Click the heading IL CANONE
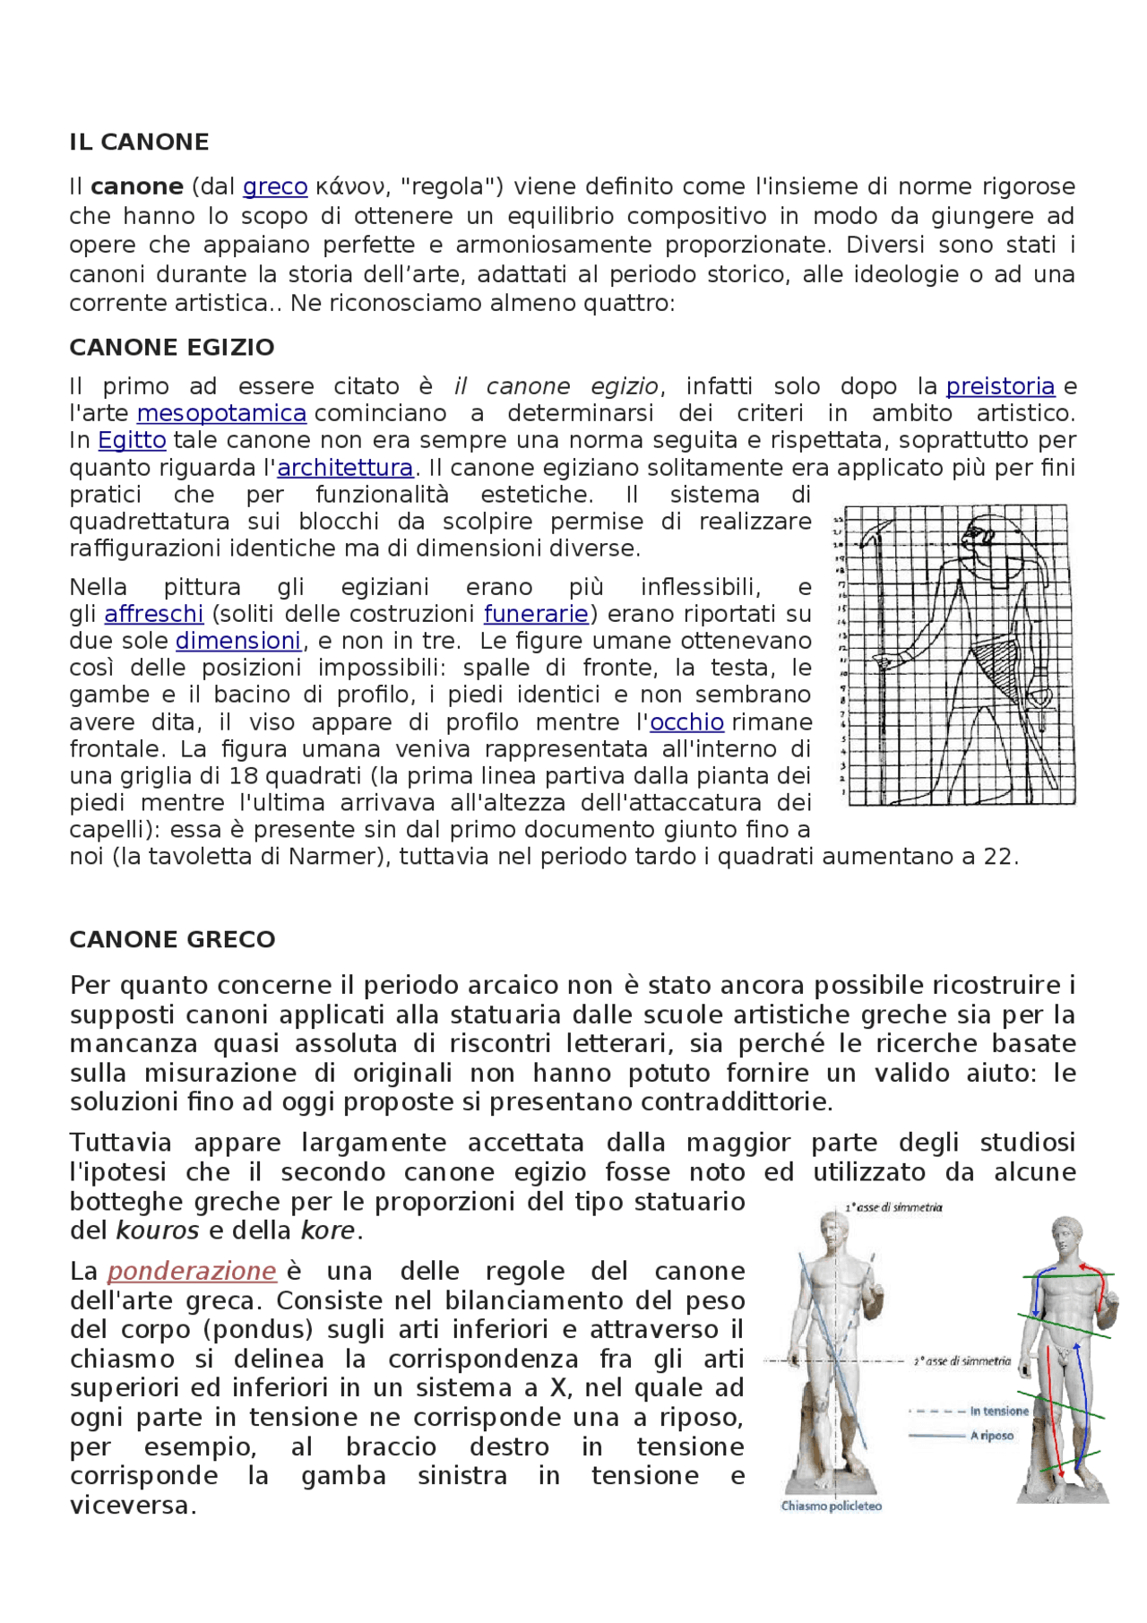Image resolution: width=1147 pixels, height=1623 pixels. pyautogui.click(x=139, y=142)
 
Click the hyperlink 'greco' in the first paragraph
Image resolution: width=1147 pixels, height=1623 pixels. pyautogui.click(x=275, y=187)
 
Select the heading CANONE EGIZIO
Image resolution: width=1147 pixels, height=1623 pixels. pyautogui.click(x=172, y=348)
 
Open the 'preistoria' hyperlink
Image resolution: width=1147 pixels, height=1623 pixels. pyautogui.click(x=1000, y=386)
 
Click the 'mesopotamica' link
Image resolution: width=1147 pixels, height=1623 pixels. pyautogui.click(x=221, y=413)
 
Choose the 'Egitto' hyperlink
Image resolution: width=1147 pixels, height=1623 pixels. pyautogui.click(x=132, y=440)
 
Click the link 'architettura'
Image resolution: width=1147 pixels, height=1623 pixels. pyautogui.click(x=345, y=468)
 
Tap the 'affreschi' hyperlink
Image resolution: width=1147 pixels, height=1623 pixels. pyautogui.click(x=154, y=614)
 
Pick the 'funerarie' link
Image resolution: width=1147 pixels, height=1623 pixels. pyautogui.click(x=536, y=614)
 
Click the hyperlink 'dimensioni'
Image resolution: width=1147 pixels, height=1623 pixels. pyautogui.click(x=238, y=641)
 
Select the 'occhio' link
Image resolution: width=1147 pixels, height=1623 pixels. pyautogui.click(x=686, y=722)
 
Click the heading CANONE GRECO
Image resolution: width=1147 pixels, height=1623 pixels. pyautogui.click(x=172, y=939)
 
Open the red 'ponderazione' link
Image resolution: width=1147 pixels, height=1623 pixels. pyautogui.click(x=192, y=1272)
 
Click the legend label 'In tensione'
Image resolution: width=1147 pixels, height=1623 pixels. pyautogui.click(x=999, y=1411)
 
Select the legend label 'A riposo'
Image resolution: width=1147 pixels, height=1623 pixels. pyautogui.click(x=992, y=1436)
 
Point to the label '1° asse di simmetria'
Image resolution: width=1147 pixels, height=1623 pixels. pyautogui.click(x=893, y=1207)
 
